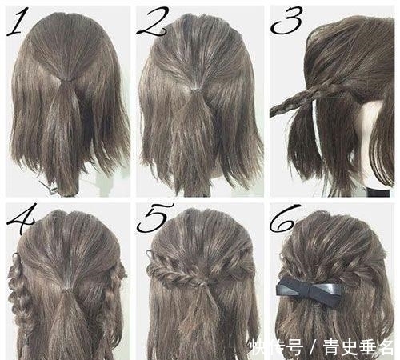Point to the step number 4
tap(18, 218)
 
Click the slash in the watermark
tap(307, 346)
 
